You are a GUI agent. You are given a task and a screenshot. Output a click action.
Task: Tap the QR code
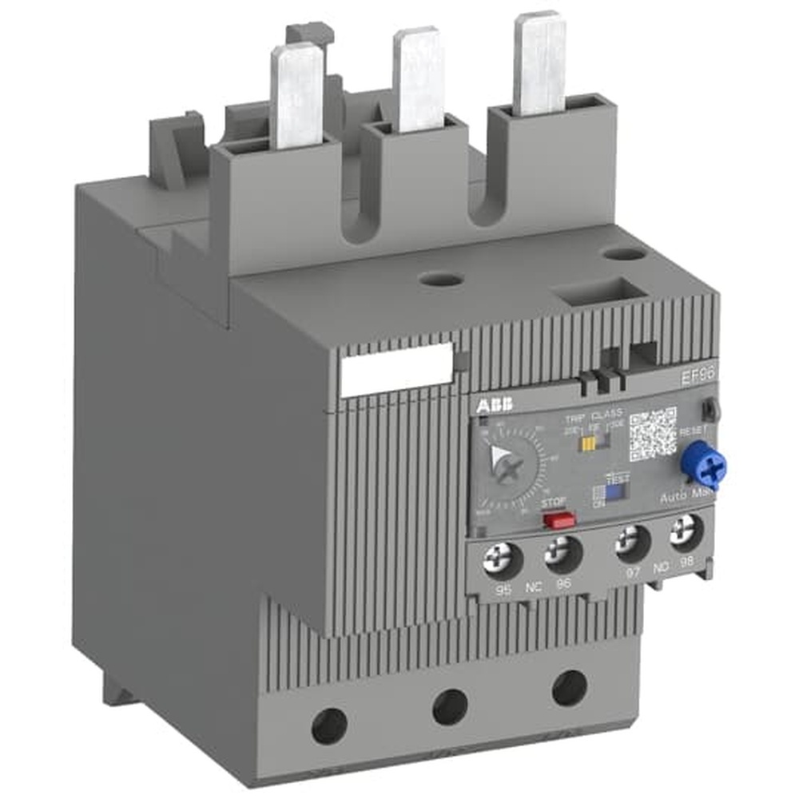pyautogui.click(x=652, y=434)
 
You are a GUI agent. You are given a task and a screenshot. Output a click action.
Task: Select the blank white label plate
pyautogui.click(x=396, y=371)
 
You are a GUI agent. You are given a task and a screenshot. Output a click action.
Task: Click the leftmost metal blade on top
pyautogui.click(x=296, y=96)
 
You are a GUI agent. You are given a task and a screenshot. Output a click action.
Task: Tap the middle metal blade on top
pyautogui.click(x=419, y=78)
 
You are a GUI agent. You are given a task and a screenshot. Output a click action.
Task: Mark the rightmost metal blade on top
pyautogui.click(x=539, y=62)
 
